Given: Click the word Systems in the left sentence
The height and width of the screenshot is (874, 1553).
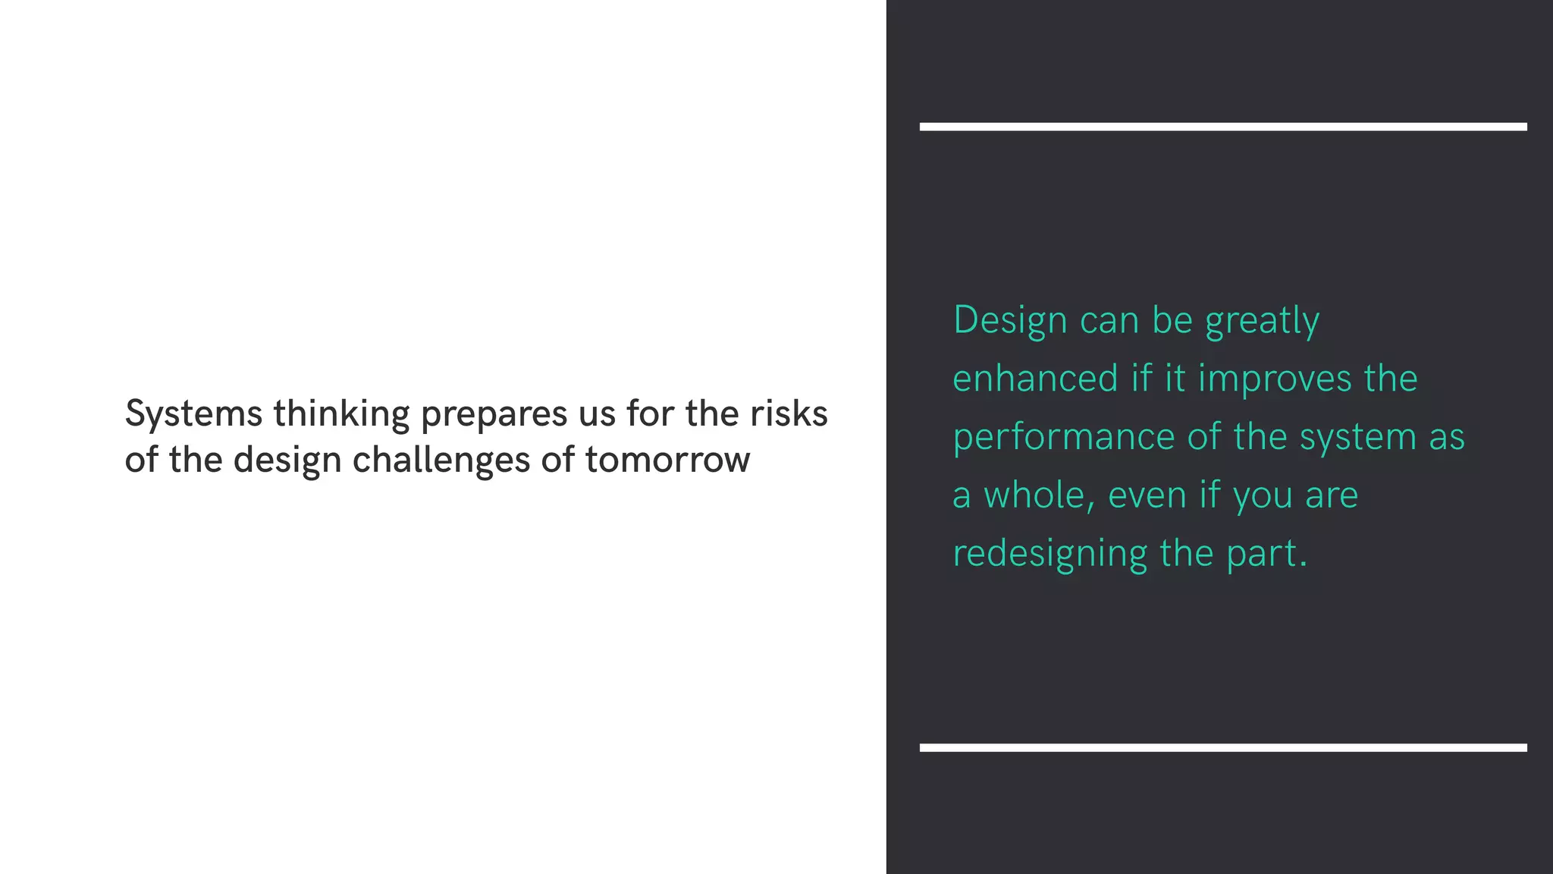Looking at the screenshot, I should pyautogui.click(x=193, y=415).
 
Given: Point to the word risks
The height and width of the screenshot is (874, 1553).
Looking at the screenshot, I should pyautogui.click(x=789, y=413).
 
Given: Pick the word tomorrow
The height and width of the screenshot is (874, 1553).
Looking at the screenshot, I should pyautogui.click(x=667, y=461).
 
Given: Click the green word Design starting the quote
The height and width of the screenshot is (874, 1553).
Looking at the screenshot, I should pyautogui.click(x=1010, y=321).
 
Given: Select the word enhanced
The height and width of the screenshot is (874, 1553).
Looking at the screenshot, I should pyautogui.click(x=1035, y=379).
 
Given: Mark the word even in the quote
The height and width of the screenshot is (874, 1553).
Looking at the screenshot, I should pyautogui.click(x=1147, y=495).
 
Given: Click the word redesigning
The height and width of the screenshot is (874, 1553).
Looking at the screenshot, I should pyautogui.click(x=1050, y=555).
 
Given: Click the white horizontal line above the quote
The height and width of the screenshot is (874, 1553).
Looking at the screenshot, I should pyautogui.click(x=1222, y=127).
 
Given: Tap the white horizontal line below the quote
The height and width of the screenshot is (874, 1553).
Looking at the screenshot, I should pyautogui.click(x=1222, y=747).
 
